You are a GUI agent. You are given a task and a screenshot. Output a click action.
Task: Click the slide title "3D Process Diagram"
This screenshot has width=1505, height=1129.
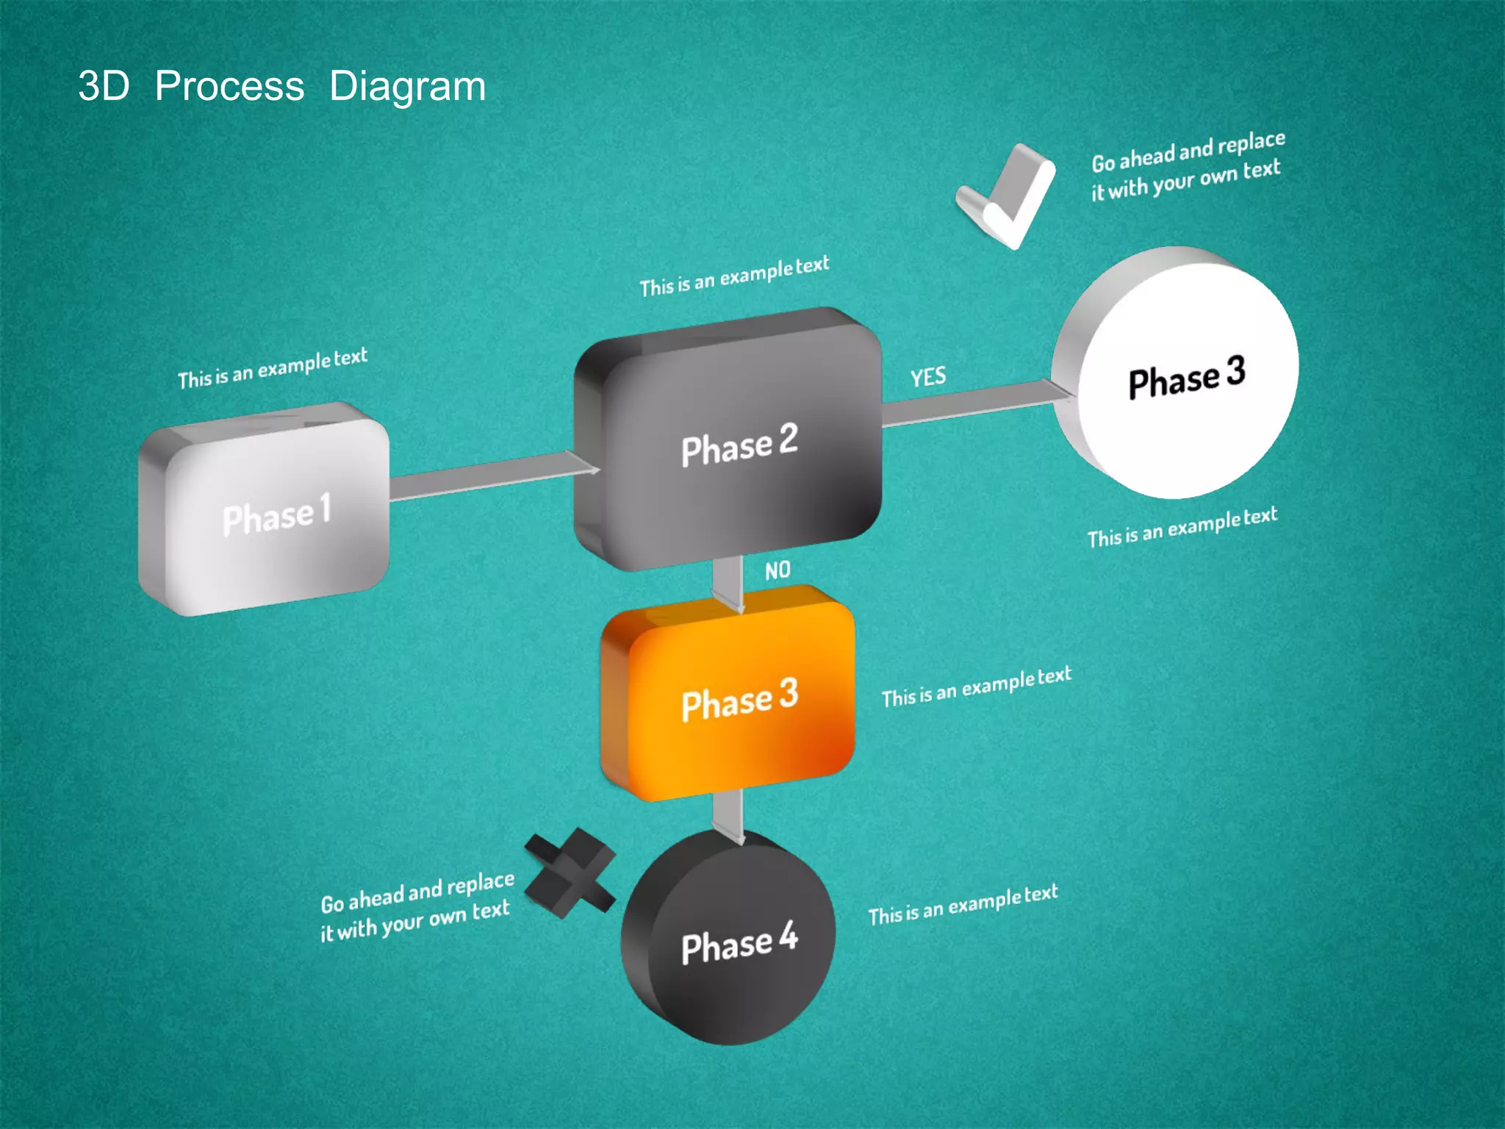tap(281, 86)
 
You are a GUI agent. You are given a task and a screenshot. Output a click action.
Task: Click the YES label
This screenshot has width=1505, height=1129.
tap(928, 377)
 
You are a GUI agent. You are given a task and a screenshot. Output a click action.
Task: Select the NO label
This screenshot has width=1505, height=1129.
tap(777, 570)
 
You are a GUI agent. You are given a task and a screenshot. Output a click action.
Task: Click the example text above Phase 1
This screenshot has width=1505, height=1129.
tap(273, 368)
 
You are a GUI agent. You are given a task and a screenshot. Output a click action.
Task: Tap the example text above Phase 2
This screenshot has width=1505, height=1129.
tap(734, 276)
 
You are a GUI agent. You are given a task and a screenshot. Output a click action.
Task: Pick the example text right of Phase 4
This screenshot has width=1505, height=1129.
tap(963, 905)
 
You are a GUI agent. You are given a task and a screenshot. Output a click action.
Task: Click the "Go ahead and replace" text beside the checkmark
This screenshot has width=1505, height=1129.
tap(1188, 166)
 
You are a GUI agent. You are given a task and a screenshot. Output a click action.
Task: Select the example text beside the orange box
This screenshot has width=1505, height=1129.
tap(977, 687)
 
